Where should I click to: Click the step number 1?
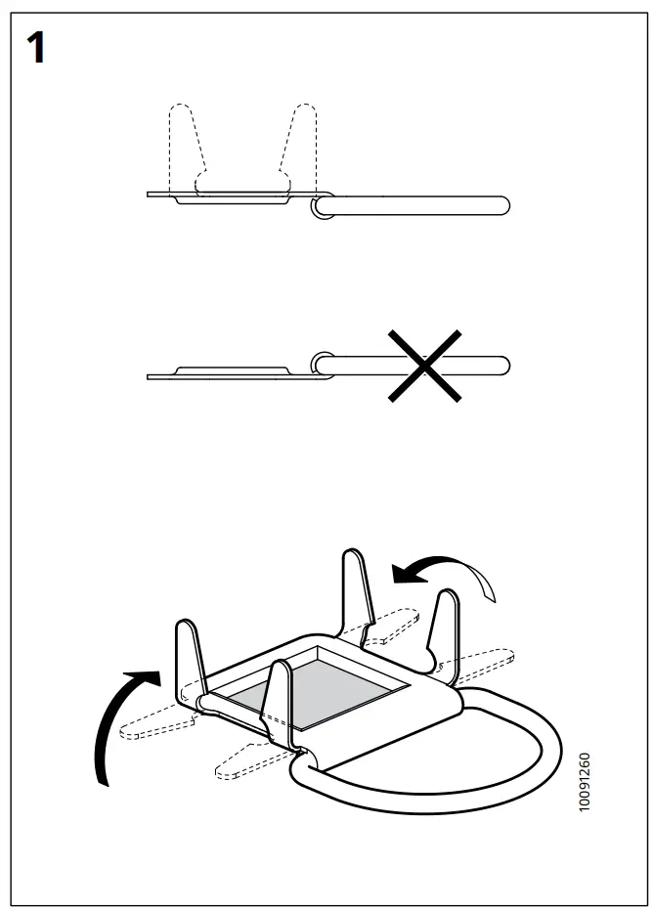(37, 48)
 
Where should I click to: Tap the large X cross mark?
(424, 367)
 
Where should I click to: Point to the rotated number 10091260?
(585, 782)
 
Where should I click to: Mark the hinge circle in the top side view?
(322, 205)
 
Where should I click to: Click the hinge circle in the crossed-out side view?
(322, 364)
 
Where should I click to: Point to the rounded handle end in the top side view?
(501, 205)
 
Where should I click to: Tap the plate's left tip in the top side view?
(151, 195)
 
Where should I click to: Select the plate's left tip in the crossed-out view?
(151, 376)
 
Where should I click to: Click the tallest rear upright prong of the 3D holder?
(356, 591)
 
